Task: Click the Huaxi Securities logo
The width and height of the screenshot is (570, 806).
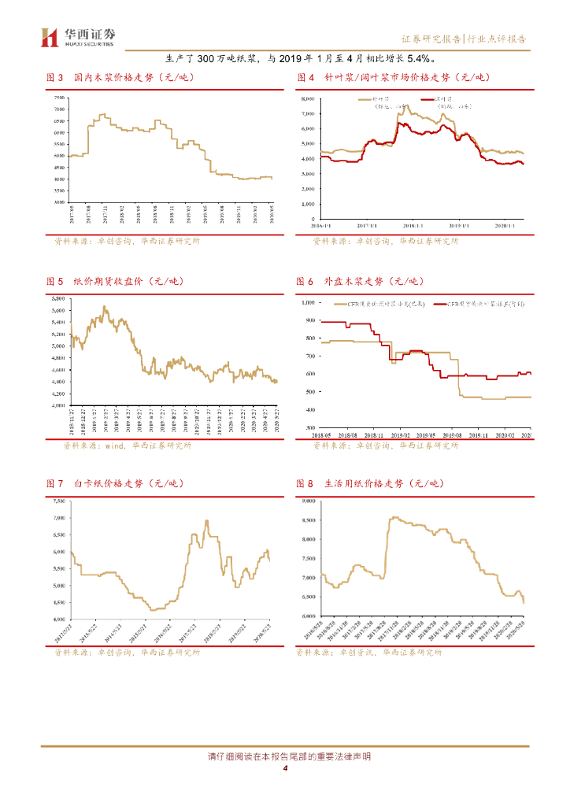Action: (x=79, y=36)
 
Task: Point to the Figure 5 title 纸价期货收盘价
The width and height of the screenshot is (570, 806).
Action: (x=109, y=281)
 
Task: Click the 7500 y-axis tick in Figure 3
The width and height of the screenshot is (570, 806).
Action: (x=59, y=98)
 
